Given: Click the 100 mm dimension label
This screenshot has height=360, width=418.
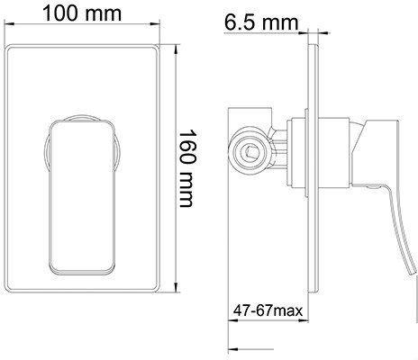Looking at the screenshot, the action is pyautogui.click(x=82, y=13).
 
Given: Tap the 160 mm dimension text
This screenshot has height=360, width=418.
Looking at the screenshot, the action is pyautogui.click(x=187, y=168).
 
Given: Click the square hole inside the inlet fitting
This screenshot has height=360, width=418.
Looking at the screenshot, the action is pyautogui.click(x=249, y=151).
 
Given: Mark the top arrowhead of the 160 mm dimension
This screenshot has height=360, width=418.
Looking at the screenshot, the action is pyautogui.click(x=177, y=50).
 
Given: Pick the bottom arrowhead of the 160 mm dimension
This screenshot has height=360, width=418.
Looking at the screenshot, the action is pyautogui.click(x=177, y=287).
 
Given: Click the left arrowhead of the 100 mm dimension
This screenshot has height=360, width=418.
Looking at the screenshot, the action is pyautogui.click(x=9, y=24).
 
